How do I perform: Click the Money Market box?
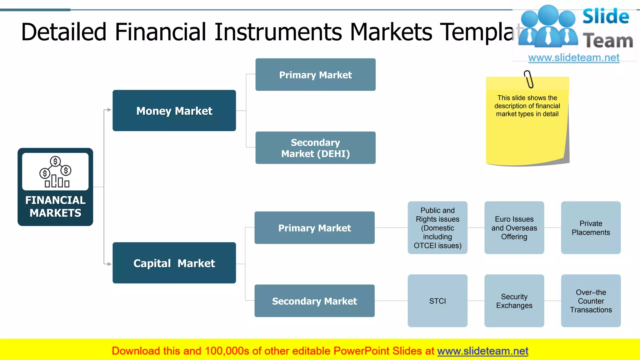pyautogui.click(x=174, y=111)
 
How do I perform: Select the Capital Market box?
pyautogui.click(x=174, y=263)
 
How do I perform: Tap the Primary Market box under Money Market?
pyautogui.click(x=315, y=75)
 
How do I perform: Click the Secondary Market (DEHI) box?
pyautogui.click(x=315, y=148)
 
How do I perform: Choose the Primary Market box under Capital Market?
pyautogui.click(x=314, y=228)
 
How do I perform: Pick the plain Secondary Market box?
pyautogui.click(x=314, y=301)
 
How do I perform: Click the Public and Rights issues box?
pyautogui.click(x=437, y=228)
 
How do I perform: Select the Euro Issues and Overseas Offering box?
pyautogui.click(x=514, y=228)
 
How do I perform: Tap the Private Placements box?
pyautogui.click(x=591, y=228)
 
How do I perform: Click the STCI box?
pyautogui.click(x=437, y=301)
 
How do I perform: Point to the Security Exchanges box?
pyautogui.click(x=514, y=301)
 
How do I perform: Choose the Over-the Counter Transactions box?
pyautogui.click(x=591, y=301)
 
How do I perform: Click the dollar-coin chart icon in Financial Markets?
pyautogui.click(x=55, y=172)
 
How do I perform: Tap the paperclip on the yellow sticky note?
pyautogui.click(x=529, y=79)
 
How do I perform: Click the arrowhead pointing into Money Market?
pyautogui.click(x=109, y=110)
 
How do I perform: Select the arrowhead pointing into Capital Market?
pyautogui.click(x=109, y=264)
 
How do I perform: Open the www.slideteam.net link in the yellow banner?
pyautogui.click(x=482, y=351)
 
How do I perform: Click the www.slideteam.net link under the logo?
pyautogui.click(x=573, y=58)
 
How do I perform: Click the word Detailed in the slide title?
pyautogui.click(x=64, y=32)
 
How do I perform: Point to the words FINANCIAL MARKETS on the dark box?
pyautogui.click(x=55, y=207)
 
